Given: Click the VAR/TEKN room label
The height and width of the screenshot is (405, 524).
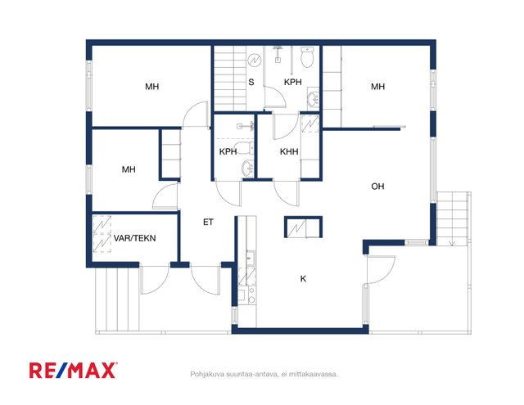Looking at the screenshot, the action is point(134,238).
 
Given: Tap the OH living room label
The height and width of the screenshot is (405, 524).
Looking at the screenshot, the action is point(377,187).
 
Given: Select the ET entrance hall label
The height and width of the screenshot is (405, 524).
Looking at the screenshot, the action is point(208,222).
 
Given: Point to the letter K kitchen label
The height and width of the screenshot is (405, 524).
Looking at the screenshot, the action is point(303,279).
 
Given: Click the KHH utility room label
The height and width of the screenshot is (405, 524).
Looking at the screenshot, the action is point(289,151).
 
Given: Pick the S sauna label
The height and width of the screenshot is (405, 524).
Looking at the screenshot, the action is point(251,82).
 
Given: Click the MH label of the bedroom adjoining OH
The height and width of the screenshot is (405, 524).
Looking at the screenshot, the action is point(377,87).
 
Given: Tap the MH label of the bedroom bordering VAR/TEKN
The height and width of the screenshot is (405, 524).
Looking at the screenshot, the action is point(129,169).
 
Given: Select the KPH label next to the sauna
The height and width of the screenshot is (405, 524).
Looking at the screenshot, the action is point(293,82).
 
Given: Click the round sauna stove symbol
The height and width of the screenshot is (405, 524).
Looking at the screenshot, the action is point(255,61).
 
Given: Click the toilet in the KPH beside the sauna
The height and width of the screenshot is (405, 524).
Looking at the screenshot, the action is point(307,57).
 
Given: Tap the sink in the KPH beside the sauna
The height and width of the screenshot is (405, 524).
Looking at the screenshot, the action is point(313,98).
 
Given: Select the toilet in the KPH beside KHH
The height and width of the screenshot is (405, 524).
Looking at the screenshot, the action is point(244,148).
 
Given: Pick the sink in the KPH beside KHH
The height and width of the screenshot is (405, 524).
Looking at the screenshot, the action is point(247,167).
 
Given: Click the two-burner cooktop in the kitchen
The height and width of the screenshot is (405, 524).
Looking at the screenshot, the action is point(251,295).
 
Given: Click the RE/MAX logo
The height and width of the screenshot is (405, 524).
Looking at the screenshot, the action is point(73,371).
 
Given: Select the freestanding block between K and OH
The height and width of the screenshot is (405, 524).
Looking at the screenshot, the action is point(304,227).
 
